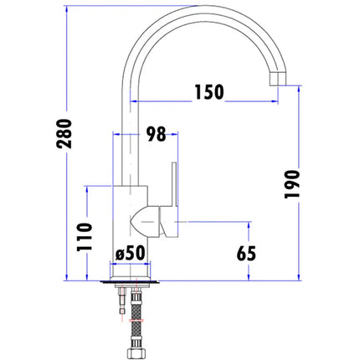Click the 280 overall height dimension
[64, 133]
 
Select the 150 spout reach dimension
[209, 92]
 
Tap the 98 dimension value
[156, 134]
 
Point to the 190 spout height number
[292, 184]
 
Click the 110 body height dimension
[85, 237]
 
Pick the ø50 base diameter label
[131, 253]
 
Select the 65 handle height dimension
[246, 254]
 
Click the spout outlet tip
[278, 79]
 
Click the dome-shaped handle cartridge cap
[144, 223]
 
